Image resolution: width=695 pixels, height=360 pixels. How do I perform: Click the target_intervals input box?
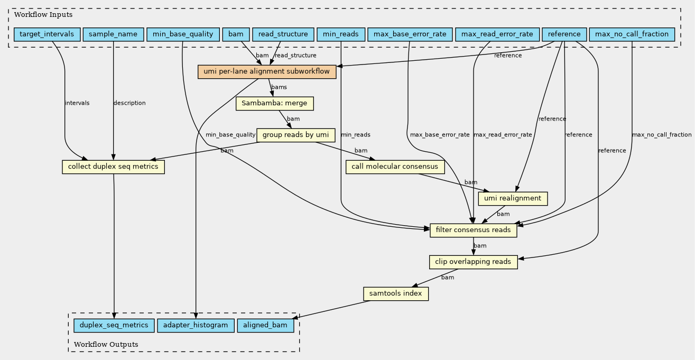pos(47,34)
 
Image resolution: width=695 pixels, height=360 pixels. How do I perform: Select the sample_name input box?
pos(113,34)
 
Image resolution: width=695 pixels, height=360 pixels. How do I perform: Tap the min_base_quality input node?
pos(182,34)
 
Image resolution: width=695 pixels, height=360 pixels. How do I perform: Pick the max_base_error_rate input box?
pos(410,34)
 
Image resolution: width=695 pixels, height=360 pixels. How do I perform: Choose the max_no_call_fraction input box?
pos(632,34)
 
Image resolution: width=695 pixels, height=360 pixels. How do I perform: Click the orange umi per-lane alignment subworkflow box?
pos(267,71)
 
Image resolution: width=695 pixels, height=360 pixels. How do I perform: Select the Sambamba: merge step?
pos(275,103)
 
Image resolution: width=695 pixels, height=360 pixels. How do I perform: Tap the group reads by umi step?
pos(295,135)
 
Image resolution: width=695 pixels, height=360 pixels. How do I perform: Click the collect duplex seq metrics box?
pos(114,167)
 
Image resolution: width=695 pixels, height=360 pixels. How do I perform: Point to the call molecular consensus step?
pos(395,167)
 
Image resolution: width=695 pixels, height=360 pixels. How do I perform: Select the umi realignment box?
pos(512,198)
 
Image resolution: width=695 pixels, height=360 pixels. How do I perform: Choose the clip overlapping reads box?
pos(473,262)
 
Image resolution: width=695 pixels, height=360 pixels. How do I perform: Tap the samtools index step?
pos(395,293)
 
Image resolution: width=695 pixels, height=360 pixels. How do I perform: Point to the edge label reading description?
pos(129,103)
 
